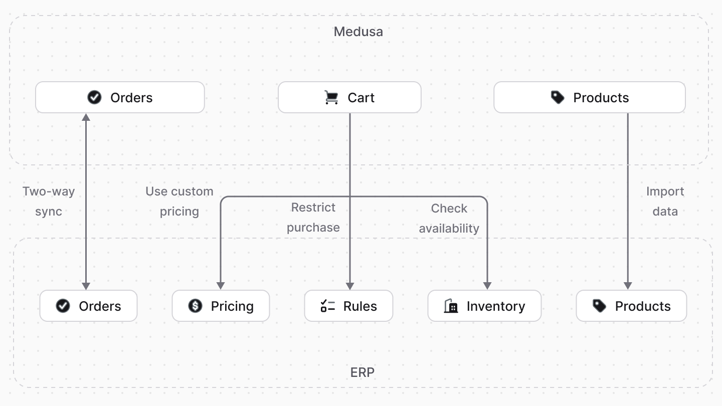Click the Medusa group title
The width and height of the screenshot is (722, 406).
[358, 32]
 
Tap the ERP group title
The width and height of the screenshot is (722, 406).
[362, 372]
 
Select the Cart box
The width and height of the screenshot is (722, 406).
[349, 97]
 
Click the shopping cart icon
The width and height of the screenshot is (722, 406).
[331, 97]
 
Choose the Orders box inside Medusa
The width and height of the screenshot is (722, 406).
[120, 97]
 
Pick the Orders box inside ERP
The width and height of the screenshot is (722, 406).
[88, 306]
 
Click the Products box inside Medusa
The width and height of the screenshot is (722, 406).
[589, 97]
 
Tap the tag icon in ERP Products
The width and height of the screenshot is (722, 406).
[599, 306]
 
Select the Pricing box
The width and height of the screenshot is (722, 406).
[221, 306]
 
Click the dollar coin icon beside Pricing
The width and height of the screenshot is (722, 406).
[195, 306]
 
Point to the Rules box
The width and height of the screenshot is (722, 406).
[348, 306]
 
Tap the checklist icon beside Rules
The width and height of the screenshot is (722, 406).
[327, 306]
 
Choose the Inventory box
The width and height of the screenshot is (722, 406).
[484, 306]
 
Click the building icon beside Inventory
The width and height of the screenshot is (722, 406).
[451, 306]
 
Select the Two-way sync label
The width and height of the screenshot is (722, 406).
[49, 201]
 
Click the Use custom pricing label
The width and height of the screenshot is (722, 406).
[179, 201]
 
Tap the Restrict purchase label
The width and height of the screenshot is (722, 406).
[313, 217]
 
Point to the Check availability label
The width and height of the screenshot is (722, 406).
[449, 218]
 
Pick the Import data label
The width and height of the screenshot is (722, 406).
[665, 201]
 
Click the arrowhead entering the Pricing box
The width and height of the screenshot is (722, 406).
[221, 286]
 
